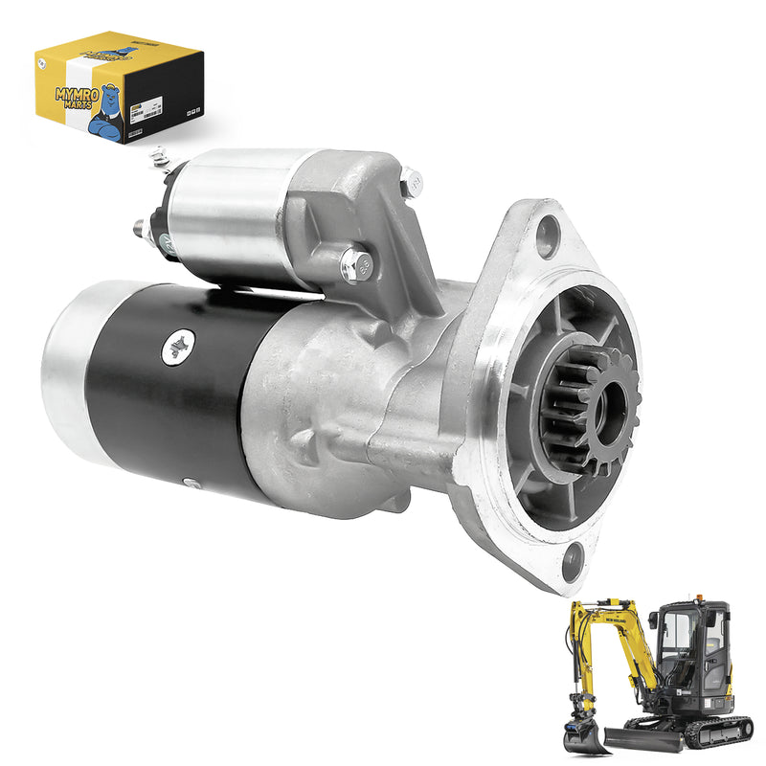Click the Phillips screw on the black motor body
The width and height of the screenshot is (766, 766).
click(x=178, y=346)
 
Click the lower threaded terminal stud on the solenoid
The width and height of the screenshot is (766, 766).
click(x=140, y=229)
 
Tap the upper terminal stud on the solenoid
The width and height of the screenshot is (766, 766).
click(x=159, y=156)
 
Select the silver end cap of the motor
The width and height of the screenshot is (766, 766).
click(x=67, y=369)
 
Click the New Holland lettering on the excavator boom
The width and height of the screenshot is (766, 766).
click(x=615, y=621)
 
